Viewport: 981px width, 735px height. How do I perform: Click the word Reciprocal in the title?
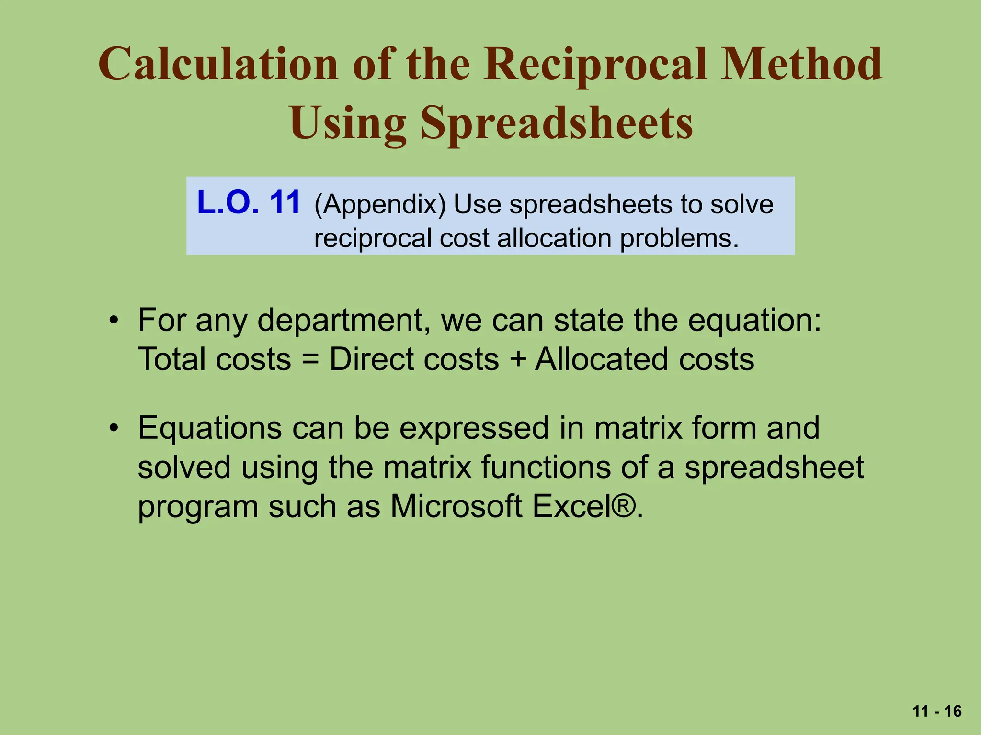[594, 65]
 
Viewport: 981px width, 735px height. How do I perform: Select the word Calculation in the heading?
[218, 65]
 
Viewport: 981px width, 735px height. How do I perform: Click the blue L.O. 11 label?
[249, 202]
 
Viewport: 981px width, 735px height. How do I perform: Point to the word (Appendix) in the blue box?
[380, 205]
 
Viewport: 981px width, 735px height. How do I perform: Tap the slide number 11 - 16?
[937, 712]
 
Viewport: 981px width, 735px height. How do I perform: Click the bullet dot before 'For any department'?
[113, 320]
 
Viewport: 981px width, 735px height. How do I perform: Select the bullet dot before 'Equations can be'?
[113, 428]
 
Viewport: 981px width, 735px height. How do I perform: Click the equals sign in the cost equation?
[310, 360]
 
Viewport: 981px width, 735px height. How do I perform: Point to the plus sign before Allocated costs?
[517, 360]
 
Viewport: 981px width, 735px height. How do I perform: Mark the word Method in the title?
[801, 65]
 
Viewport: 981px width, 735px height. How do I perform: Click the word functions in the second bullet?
[546, 467]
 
